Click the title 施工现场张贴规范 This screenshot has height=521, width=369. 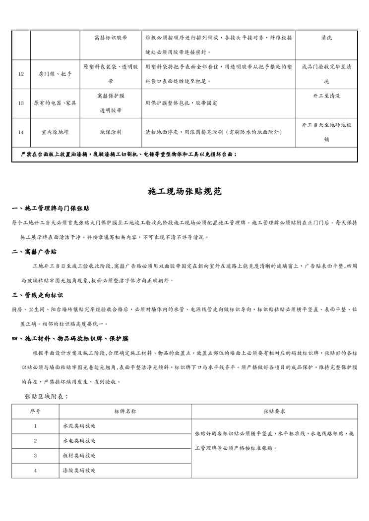point(184,191)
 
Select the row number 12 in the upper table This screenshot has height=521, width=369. point(21,74)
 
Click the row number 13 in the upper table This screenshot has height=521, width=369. point(21,103)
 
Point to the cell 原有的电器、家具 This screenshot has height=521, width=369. point(55,103)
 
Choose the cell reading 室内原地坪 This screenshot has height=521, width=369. point(55,132)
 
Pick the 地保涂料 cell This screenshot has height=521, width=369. point(111,132)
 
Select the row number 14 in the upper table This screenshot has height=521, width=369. point(21,132)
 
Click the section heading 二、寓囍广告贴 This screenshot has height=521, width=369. point(35,252)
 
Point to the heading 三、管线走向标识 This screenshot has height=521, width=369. point(38,295)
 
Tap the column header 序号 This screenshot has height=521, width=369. point(35,411)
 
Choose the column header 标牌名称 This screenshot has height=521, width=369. point(125,411)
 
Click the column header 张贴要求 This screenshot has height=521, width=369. point(274,411)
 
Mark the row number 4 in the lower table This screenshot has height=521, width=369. point(35,470)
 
